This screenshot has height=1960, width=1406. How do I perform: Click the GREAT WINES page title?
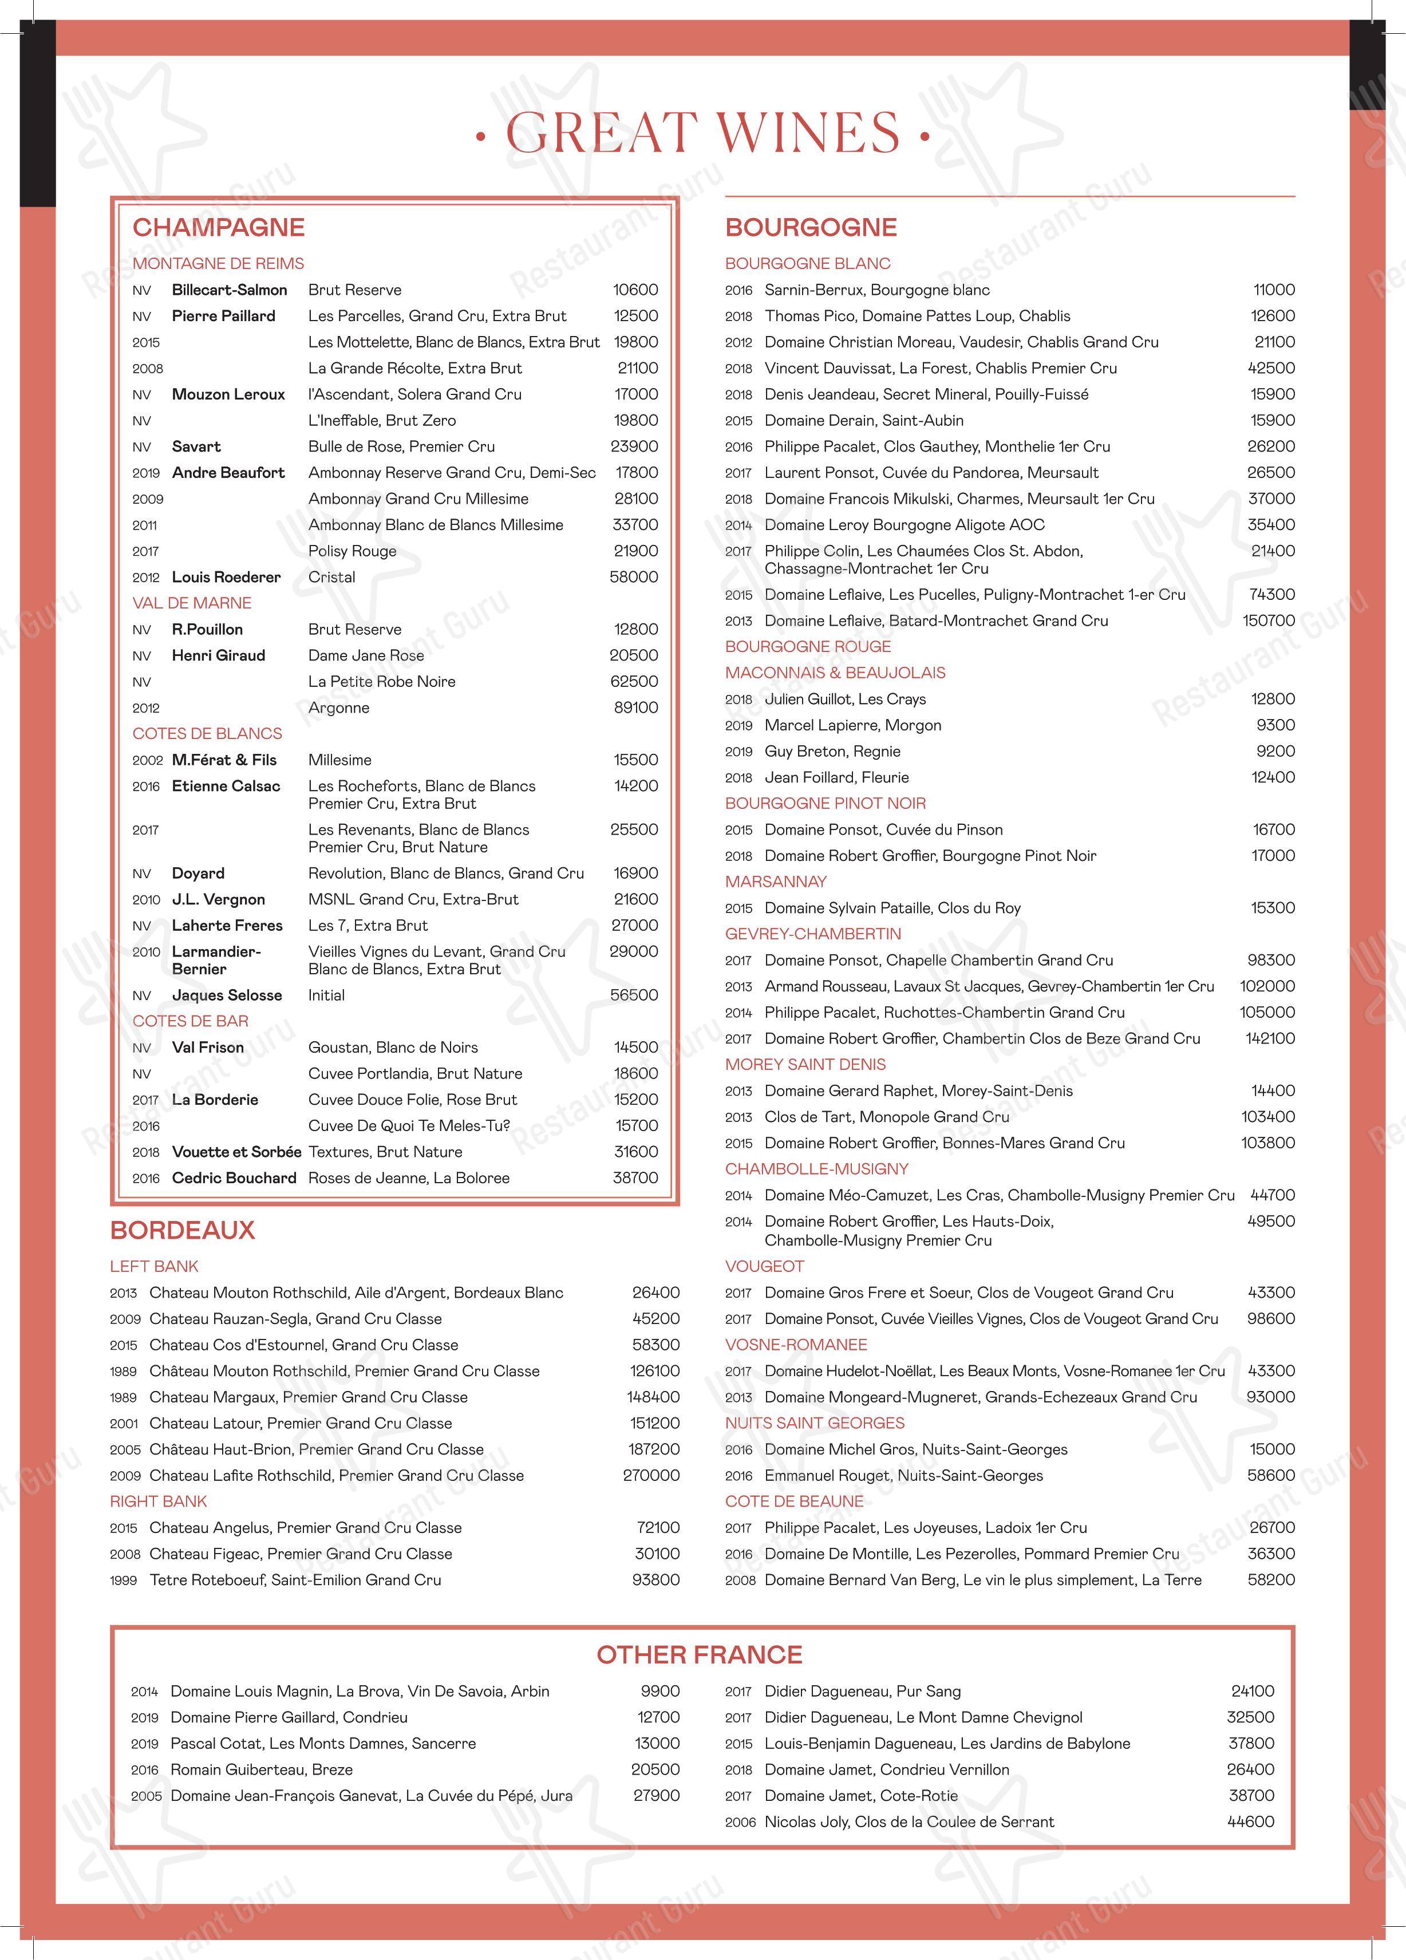tap(702, 133)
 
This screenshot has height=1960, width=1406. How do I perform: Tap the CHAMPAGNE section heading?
tap(219, 227)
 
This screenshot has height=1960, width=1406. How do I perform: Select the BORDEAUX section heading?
tap(183, 1230)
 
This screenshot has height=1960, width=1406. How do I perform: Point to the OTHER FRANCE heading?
tap(699, 1654)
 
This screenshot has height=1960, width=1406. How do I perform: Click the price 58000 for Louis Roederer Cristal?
tap(633, 577)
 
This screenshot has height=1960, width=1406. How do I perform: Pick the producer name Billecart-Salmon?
tap(229, 290)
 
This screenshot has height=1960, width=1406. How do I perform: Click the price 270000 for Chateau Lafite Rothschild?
tap(651, 1475)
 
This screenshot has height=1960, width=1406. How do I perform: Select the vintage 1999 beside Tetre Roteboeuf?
tap(124, 1580)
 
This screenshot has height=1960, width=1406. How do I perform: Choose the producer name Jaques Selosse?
tap(226, 995)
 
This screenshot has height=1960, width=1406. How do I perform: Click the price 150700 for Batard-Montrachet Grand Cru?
tap(1267, 621)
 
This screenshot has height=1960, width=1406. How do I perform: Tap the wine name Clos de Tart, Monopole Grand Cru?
tap(887, 1117)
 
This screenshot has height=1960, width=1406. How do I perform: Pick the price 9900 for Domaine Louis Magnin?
tap(660, 1691)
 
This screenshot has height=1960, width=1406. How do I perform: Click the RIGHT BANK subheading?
tap(158, 1501)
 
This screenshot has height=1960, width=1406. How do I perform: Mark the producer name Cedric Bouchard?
tap(234, 1178)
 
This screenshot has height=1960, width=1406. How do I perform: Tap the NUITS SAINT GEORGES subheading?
tap(814, 1422)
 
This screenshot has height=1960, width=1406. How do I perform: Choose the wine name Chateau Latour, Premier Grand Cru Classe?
tap(301, 1423)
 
